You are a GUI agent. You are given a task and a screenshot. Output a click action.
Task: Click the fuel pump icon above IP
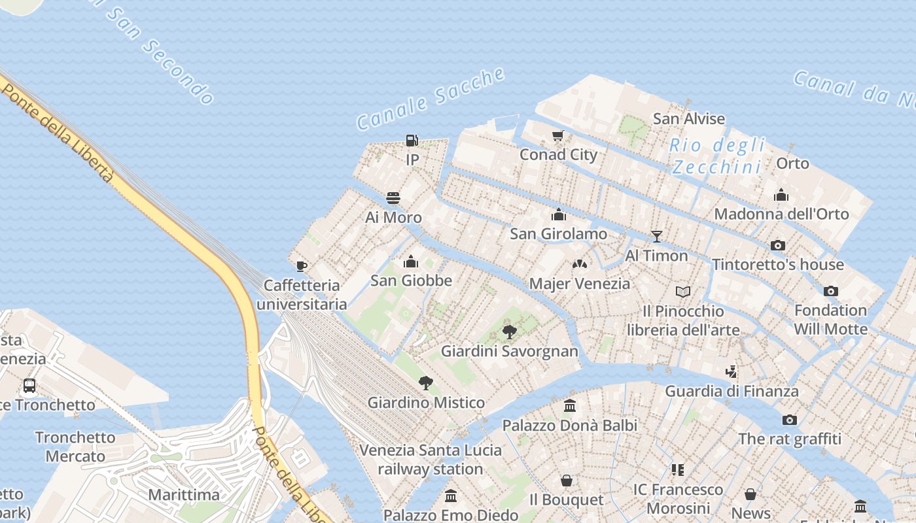pos(412,140)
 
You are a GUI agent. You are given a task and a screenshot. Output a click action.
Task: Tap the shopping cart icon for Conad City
pos(557,136)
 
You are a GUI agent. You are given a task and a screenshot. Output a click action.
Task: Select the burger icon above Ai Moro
pos(393,197)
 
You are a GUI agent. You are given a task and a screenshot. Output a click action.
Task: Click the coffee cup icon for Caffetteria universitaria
pos(301,265)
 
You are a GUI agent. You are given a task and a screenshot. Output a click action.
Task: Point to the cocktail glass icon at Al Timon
pos(656,236)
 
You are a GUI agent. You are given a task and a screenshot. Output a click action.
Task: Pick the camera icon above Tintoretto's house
pos(777,245)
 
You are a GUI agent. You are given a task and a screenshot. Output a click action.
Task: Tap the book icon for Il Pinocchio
pos(683,292)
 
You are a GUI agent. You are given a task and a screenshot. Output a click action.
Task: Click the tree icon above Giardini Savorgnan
pos(510,332)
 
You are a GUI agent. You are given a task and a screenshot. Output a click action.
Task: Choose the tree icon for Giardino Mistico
pos(426,383)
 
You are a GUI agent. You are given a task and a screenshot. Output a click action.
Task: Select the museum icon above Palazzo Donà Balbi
pos(569,406)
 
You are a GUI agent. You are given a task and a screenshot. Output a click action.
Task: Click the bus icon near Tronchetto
pos(29,386)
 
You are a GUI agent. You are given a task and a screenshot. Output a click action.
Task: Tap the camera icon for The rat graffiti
pos(790,420)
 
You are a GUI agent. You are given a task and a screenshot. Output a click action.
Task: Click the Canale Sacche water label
pos(431,98)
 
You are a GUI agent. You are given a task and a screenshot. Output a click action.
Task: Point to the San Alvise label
pos(689,119)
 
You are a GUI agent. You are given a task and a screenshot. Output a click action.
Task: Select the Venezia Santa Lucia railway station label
pos(431,460)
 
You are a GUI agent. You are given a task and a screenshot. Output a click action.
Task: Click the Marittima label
pos(184,494)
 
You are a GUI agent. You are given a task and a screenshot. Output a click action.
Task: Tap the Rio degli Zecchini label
pos(717,156)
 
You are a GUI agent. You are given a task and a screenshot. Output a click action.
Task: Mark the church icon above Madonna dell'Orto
pos(781,195)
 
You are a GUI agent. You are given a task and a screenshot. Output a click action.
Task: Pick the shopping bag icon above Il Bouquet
pos(567,481)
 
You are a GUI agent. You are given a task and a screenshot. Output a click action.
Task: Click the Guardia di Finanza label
pos(731,391)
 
